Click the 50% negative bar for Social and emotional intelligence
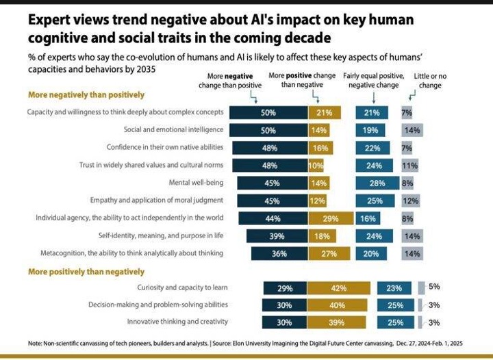coord(268,129)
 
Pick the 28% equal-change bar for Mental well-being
coord(377,183)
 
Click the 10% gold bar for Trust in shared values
coord(316,165)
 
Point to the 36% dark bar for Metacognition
coord(279,253)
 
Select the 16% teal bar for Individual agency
coord(367,218)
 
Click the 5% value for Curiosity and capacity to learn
coord(434,287)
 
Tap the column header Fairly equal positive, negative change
coord(373,80)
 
